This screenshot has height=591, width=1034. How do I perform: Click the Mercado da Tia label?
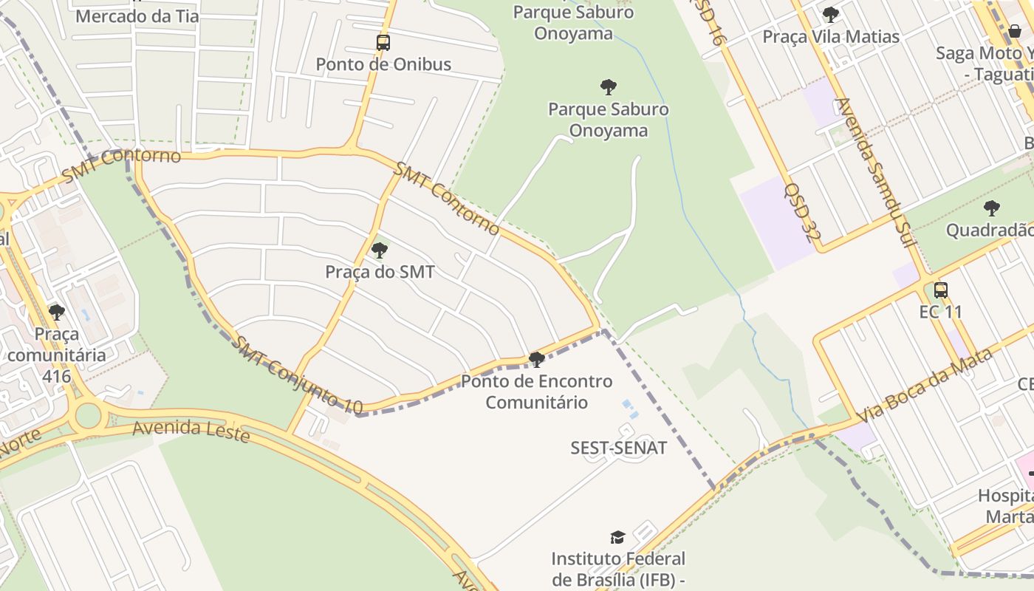pos(137,16)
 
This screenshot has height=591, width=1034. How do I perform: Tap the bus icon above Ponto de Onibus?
pos(383,42)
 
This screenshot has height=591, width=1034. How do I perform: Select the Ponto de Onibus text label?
pos(383,64)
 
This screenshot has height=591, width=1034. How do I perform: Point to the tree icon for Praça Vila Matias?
pos(831,14)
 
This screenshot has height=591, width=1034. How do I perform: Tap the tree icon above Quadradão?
pos(992,208)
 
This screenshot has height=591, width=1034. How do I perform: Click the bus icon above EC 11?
pos(940,290)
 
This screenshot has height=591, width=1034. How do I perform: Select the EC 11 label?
pos(941,312)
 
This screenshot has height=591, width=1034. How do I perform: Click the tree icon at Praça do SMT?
pos(380,250)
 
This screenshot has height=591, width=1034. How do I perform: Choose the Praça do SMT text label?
pos(380,272)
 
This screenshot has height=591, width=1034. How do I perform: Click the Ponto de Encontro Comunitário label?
pos(537,392)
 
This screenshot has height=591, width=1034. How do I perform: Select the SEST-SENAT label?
pos(619,448)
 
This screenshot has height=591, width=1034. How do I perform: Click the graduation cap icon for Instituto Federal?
pos(617,537)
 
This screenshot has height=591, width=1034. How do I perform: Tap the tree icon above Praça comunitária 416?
pos(57,312)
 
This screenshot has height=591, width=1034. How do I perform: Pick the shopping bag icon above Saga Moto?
pos(1015,31)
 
